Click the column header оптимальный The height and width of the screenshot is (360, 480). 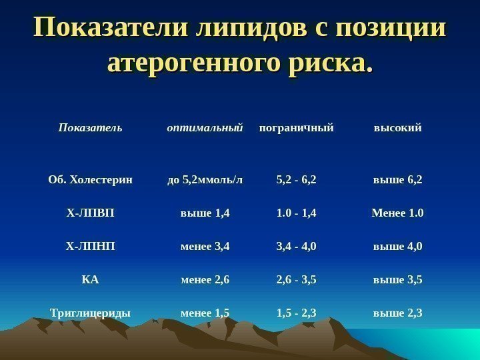[x=204, y=127]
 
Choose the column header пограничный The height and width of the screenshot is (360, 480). [x=296, y=127]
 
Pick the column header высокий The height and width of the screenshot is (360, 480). [x=397, y=127]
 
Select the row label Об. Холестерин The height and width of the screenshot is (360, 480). [x=90, y=179]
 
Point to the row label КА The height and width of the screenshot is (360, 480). [x=90, y=279]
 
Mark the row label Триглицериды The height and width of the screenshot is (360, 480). [x=90, y=312]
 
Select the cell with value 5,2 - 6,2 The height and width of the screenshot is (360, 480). [x=296, y=179]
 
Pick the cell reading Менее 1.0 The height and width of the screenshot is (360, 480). [x=397, y=213]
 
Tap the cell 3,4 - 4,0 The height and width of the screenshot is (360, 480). [x=296, y=247]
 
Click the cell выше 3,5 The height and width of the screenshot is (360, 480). [x=397, y=279]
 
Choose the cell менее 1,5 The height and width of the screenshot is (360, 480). [x=205, y=312]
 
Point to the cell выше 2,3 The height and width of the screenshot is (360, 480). [x=397, y=312]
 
